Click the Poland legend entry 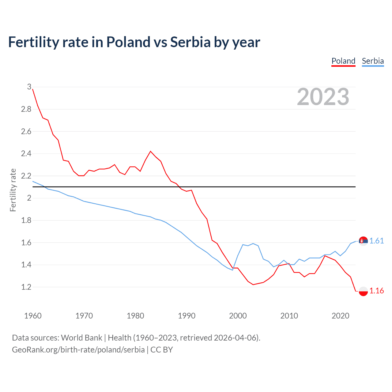[343, 61]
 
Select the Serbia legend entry [373, 61]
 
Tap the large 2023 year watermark [323, 97]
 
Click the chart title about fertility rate [134, 42]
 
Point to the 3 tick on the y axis [29, 87]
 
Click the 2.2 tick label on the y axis [26, 176]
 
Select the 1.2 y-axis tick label [26, 287]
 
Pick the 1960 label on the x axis [33, 316]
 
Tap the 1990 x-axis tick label [187, 316]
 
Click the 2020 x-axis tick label [340, 316]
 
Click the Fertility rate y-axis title [13, 190]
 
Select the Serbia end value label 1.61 [376, 241]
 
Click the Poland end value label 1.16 [376, 291]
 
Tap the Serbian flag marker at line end [363, 241]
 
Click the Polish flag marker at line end [363, 291]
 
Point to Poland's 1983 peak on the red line [150, 151]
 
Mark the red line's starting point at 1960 [33, 89]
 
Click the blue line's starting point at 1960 [33, 181]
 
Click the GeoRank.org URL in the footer [78, 350]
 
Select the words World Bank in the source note [81, 338]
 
